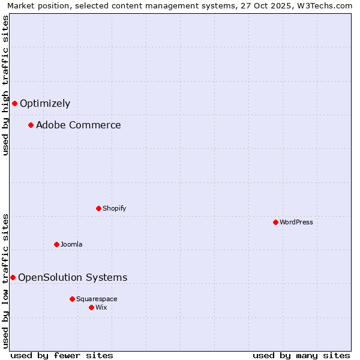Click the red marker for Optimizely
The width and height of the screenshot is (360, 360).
tap(14, 103)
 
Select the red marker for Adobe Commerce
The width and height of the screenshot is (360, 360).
tap(31, 125)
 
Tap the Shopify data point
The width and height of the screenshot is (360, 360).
tap(98, 208)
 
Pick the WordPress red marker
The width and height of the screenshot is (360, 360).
tap(275, 222)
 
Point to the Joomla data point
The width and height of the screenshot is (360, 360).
tap(56, 244)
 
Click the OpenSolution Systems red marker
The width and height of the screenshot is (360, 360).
tap(13, 277)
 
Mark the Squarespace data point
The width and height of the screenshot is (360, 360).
tap(72, 299)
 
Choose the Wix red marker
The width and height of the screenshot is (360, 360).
tap(91, 307)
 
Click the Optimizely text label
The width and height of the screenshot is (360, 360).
tap(45, 103)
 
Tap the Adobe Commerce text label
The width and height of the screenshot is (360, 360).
tap(79, 125)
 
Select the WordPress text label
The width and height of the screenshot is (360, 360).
tap(296, 222)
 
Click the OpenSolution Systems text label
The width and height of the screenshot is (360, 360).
tap(73, 277)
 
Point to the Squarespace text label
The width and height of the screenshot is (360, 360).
tap(97, 299)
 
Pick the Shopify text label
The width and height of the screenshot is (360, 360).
tap(115, 208)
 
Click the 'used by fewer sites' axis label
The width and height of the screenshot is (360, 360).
tap(62, 355)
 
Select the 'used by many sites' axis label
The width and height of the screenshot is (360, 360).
tap(301, 355)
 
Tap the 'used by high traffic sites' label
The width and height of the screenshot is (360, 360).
tap(5, 85)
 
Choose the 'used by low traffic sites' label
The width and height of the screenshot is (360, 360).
tap(5, 280)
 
